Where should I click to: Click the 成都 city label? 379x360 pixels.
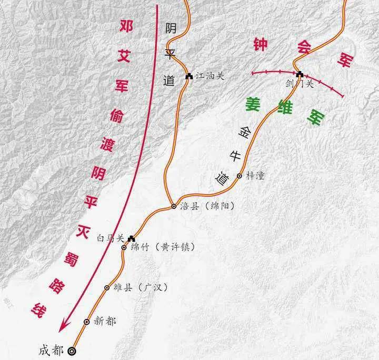coord(52,350)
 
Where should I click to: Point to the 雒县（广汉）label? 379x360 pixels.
coord(132,287)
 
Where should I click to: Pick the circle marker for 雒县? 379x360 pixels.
coord(107,288)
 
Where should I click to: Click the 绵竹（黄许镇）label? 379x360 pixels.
coord(158,247)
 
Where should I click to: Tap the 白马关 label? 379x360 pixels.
coord(110,238)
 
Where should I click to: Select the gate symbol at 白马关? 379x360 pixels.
coord(131,238)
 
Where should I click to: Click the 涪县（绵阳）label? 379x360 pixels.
coord(204,207)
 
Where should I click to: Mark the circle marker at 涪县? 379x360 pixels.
coord(174,207)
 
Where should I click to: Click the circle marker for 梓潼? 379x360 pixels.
coord(240,176)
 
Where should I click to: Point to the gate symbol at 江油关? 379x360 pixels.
coord(189,76)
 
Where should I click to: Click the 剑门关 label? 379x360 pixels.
coord(300,83)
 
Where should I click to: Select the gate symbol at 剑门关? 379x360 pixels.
coord(300,74)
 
